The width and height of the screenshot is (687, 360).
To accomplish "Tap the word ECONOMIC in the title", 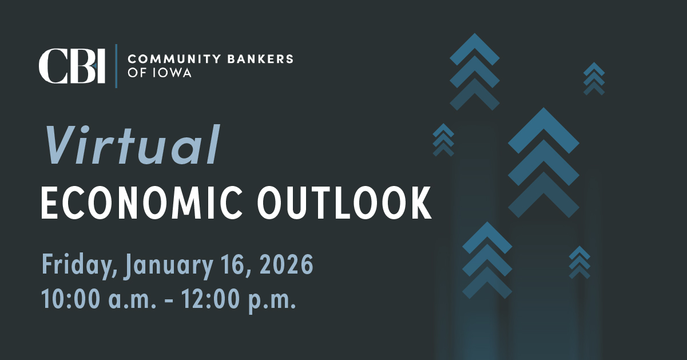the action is [141, 203].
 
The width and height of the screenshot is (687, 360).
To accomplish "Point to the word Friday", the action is [80, 264].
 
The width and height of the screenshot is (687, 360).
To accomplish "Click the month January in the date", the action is [169, 264].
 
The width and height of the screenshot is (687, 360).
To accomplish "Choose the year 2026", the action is [287, 264].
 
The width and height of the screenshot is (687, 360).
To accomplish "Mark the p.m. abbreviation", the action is [272, 302].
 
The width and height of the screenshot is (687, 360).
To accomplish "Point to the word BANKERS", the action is [260, 58].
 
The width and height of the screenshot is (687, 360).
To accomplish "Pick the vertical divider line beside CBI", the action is [116, 66].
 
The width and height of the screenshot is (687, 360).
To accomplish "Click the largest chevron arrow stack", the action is [543, 163].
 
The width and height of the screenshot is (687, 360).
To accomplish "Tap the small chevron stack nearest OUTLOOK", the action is [443, 140].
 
